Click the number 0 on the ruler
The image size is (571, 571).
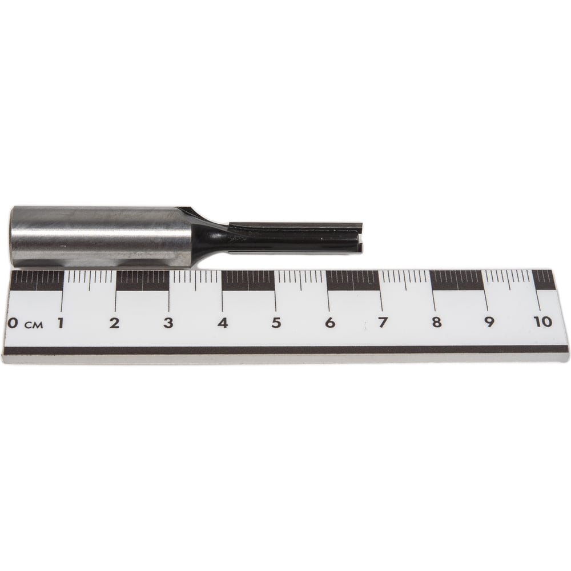tap(12, 323)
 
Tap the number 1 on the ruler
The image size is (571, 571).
tap(61, 323)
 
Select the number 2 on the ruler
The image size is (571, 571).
tap(114, 323)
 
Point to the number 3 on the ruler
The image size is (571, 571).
tap(168, 323)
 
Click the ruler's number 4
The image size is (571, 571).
tap(223, 323)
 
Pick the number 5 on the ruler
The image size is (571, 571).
tap(276, 323)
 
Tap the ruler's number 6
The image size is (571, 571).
tap(329, 323)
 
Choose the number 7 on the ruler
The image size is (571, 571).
tap(383, 323)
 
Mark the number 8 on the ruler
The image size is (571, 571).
tap(436, 322)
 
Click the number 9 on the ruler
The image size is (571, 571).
tap(489, 322)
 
